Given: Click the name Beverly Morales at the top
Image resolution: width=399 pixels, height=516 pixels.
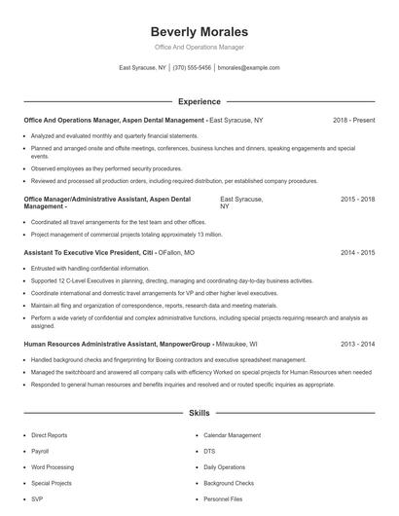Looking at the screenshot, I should coord(199,31).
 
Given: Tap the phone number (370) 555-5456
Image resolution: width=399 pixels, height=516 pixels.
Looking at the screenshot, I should coord(193,68).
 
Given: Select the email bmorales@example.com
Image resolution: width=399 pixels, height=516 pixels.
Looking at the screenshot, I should coord(249,68).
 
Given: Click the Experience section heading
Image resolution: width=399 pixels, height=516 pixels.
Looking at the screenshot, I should coord(199,101).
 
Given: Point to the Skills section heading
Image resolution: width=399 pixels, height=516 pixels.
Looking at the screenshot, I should coord(199,414).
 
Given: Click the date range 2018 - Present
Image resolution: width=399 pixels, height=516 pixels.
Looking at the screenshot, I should coord(353,120).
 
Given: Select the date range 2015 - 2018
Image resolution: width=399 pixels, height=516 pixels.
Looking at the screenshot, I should coord(357,199).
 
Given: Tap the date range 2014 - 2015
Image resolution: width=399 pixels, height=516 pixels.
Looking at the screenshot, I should coord(357,252).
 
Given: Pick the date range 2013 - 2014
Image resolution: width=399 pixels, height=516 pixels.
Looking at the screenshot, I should coord(357,344).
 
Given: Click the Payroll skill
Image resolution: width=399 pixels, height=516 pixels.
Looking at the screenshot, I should coord(40,452).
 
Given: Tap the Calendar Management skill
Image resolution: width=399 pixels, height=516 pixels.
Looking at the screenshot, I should coord(233,435).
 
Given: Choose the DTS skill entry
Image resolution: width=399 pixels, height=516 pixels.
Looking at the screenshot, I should coord(209,452).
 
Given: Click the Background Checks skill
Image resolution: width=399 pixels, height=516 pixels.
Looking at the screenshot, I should coord(229,483).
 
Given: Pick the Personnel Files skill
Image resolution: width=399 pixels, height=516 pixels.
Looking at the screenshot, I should coord(223,498).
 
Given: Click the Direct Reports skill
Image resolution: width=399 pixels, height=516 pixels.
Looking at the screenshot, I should coord(49,435).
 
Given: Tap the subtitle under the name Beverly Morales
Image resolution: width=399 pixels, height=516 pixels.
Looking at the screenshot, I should coord(199,47).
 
